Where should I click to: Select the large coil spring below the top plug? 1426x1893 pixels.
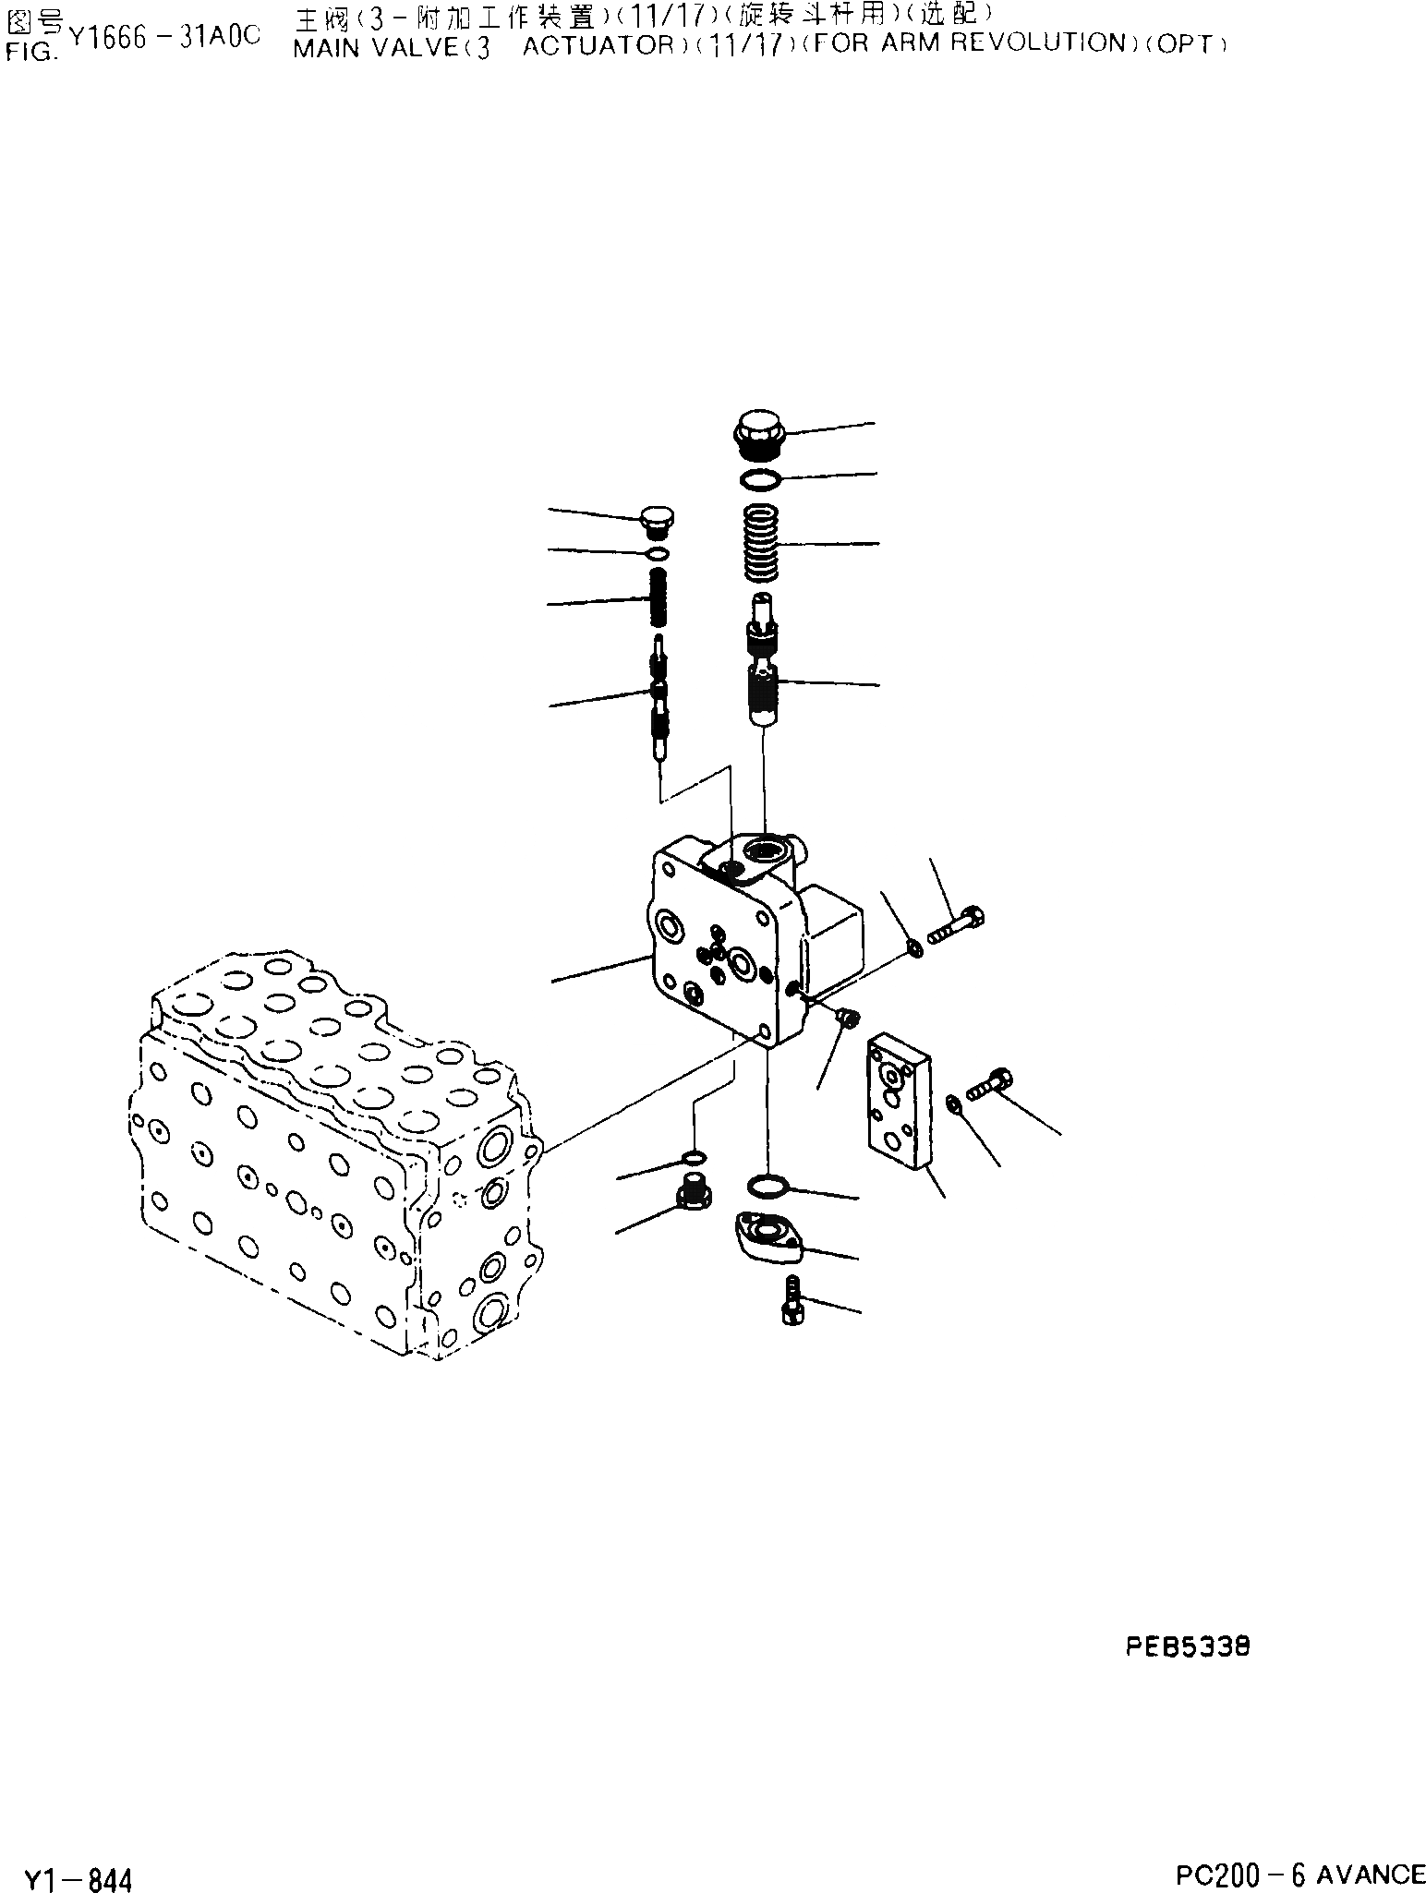[x=763, y=544]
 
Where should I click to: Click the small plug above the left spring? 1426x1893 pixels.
[x=657, y=522]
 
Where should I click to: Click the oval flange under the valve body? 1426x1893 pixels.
[x=767, y=1239]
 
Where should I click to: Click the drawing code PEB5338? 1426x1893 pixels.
[x=1188, y=1646]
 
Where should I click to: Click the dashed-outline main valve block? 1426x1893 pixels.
[x=332, y=1145]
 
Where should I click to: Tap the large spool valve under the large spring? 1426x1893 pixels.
[x=763, y=660]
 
